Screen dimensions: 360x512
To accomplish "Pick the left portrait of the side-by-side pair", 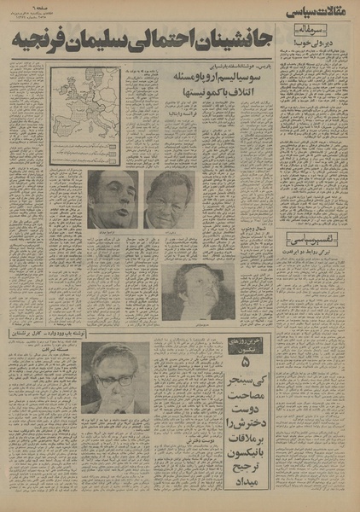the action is [113, 198].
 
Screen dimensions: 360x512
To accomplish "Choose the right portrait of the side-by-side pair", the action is [167, 198].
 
